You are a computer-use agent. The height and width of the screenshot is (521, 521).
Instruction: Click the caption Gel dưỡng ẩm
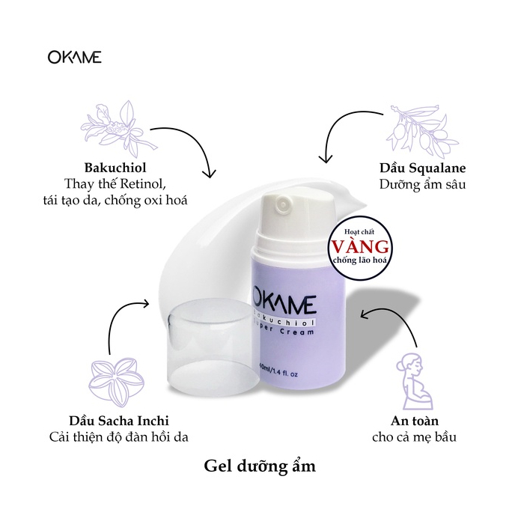(260, 466)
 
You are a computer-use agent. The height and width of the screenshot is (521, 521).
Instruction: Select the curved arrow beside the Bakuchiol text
(196, 153)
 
